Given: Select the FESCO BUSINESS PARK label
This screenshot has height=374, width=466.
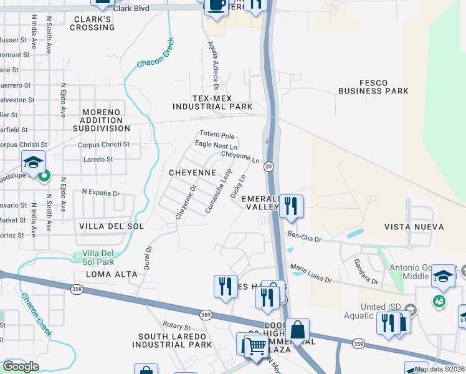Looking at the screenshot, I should (373, 87).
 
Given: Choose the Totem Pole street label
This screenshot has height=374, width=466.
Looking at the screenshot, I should (217, 135).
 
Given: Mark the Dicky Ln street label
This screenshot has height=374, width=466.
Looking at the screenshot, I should (238, 186).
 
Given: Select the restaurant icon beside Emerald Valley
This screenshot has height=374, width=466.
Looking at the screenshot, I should (290, 205).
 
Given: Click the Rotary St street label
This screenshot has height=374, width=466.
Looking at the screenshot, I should (176, 326).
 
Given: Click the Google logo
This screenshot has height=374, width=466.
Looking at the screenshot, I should (21, 367).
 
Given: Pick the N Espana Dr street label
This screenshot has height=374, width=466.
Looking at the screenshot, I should (100, 193).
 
